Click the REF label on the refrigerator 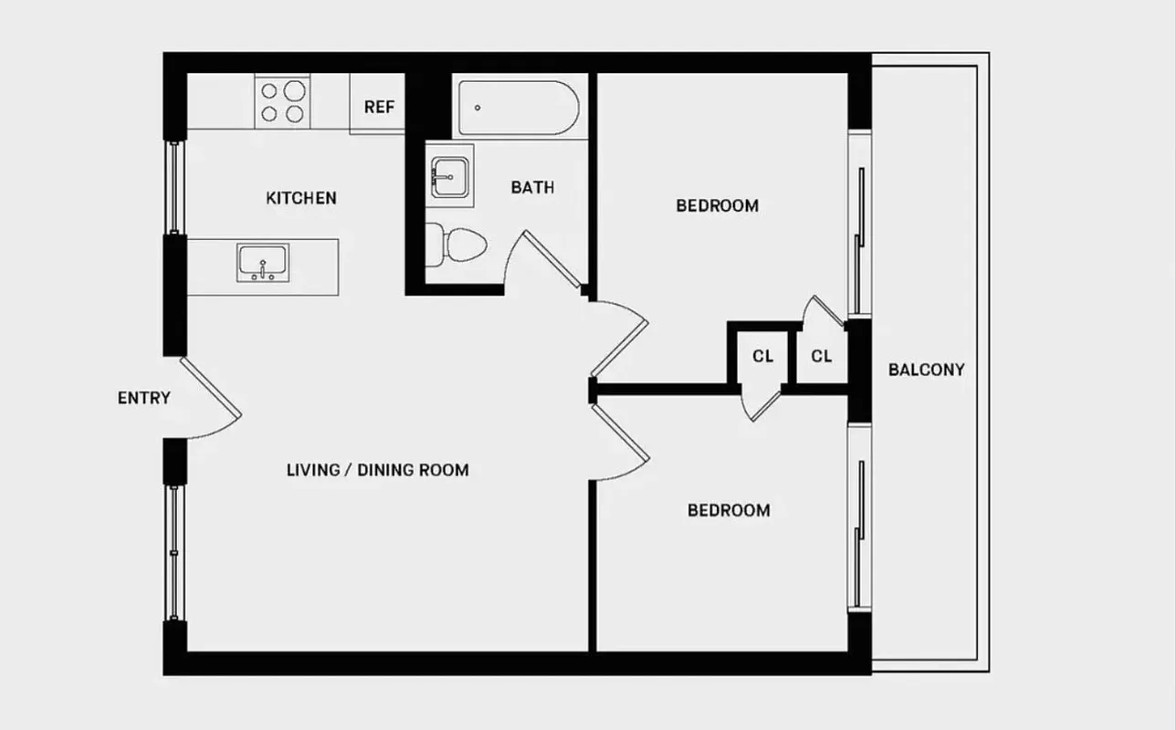click(379, 107)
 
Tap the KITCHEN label click(301, 198)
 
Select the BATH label click(532, 188)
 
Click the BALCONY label click(926, 370)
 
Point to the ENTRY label click(144, 398)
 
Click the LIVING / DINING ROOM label click(377, 471)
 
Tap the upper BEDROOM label click(717, 206)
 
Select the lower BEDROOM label click(729, 510)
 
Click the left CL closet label click(763, 357)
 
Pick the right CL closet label click(822, 357)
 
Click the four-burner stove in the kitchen click(282, 102)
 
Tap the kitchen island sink click(263, 263)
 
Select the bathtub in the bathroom click(516, 109)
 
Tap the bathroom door click(548, 260)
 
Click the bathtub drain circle click(478, 107)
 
